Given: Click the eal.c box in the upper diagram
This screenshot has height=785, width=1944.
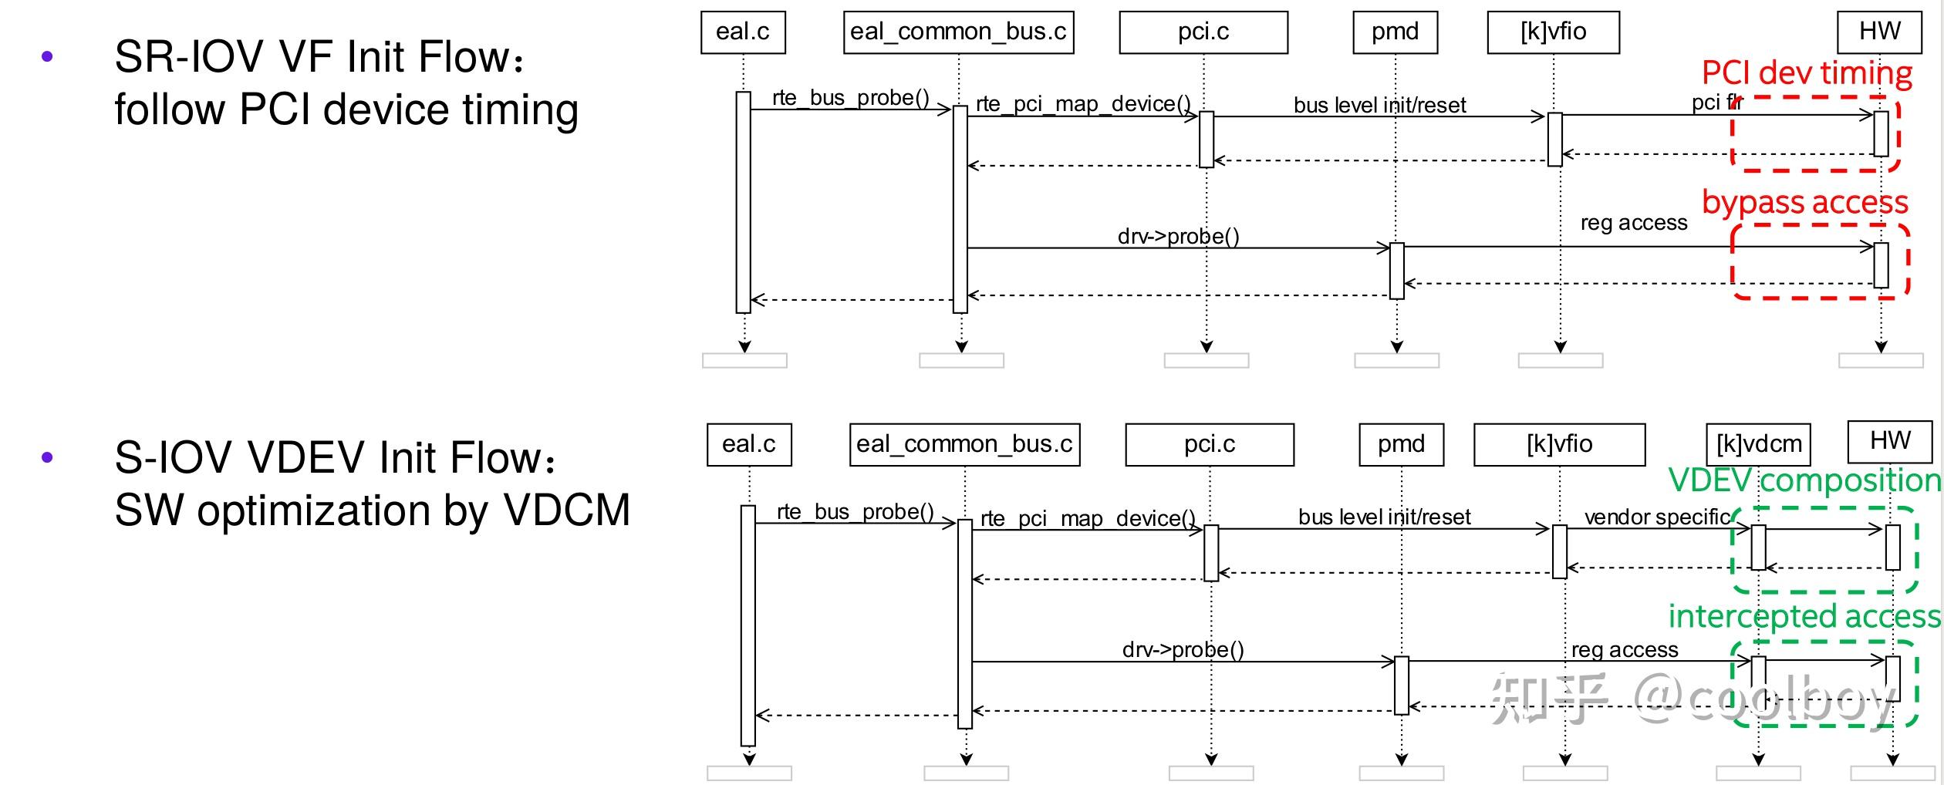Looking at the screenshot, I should (x=742, y=32).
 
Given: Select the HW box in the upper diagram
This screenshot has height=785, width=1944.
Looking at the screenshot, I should (x=1879, y=32).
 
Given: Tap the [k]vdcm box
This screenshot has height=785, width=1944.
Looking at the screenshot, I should (x=1758, y=444).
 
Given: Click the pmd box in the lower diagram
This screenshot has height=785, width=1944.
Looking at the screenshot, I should (x=1401, y=444).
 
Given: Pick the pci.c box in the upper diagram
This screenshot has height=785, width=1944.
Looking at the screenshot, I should (x=1203, y=32).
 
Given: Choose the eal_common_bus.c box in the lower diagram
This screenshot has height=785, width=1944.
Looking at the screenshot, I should (x=964, y=444).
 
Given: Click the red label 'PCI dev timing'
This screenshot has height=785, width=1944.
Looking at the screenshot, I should (x=1807, y=73).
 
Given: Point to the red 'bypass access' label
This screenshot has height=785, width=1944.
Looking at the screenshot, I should (x=1805, y=202).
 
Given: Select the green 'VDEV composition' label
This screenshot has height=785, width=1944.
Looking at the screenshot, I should (x=1804, y=480).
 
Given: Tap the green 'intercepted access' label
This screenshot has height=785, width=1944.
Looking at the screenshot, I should (x=1804, y=616).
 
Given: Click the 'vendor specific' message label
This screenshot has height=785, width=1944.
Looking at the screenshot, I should (x=1657, y=517).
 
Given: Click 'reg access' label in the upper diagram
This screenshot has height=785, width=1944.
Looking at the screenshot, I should (x=1633, y=223).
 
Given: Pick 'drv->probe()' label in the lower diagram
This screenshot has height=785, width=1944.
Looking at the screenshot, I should (x=1183, y=649).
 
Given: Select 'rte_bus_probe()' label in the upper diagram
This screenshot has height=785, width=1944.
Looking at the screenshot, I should (x=850, y=98).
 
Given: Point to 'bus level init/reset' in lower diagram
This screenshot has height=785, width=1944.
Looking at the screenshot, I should (x=1384, y=517).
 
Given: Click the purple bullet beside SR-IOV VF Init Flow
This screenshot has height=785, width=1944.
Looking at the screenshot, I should (x=47, y=56).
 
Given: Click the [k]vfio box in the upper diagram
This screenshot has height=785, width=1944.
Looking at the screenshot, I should (x=1553, y=32).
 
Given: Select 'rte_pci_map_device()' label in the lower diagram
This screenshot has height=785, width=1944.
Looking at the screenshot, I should (x=1088, y=518).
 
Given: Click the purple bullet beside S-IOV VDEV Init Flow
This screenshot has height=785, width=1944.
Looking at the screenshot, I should (x=47, y=457).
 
